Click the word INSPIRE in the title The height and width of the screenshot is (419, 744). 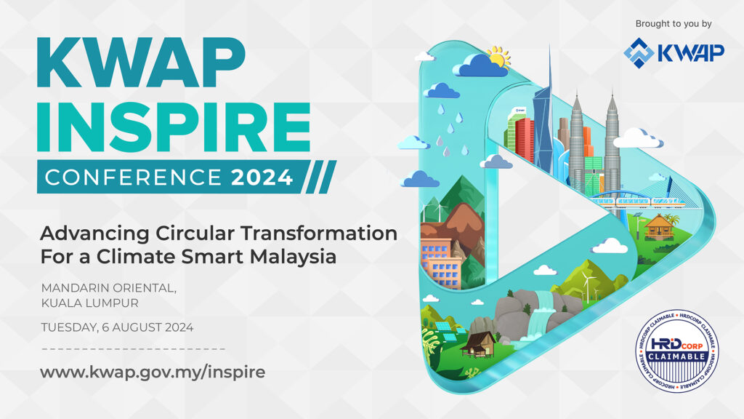[x=174, y=127]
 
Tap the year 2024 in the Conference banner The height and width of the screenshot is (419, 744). [x=262, y=177]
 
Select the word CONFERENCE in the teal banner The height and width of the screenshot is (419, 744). [x=134, y=177]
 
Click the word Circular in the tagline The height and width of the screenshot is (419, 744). [x=195, y=234]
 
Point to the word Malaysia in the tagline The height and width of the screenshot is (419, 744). [x=294, y=258]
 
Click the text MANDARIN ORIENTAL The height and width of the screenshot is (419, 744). [x=109, y=288]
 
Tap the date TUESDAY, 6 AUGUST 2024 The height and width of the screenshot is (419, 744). [x=117, y=327]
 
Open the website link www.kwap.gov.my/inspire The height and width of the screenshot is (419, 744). [x=153, y=372]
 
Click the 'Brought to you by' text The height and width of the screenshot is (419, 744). [x=674, y=24]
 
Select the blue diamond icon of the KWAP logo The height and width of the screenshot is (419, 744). [x=639, y=52]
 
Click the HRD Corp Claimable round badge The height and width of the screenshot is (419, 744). [x=676, y=351]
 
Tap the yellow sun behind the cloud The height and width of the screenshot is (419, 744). [x=499, y=57]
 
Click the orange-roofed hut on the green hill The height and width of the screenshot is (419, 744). [x=659, y=227]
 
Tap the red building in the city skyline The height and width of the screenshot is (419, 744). [x=525, y=139]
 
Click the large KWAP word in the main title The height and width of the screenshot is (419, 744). [x=141, y=63]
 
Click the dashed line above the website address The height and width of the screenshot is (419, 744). [x=134, y=349]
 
